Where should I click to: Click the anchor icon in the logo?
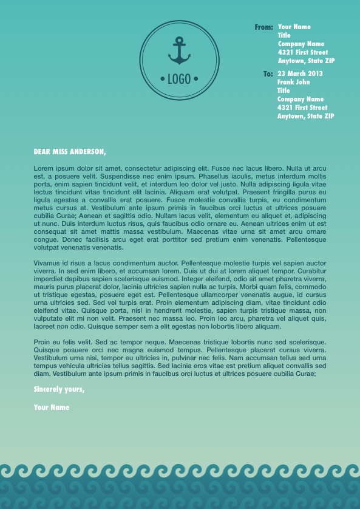click(179, 51)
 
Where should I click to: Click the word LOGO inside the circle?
click(179, 78)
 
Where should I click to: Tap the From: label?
click(263, 27)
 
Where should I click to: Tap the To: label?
click(268, 74)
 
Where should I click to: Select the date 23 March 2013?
click(300, 74)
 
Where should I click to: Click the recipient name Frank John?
click(293, 82)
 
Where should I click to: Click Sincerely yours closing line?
click(59, 389)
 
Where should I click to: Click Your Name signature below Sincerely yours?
click(52, 408)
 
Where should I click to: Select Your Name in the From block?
click(294, 27)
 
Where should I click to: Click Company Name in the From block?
click(301, 44)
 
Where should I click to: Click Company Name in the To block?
click(301, 99)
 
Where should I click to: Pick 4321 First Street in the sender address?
click(302, 53)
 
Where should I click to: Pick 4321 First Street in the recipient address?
click(302, 108)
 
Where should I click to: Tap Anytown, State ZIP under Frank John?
click(305, 116)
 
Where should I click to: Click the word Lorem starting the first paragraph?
click(43, 168)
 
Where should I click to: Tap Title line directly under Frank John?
click(284, 91)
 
